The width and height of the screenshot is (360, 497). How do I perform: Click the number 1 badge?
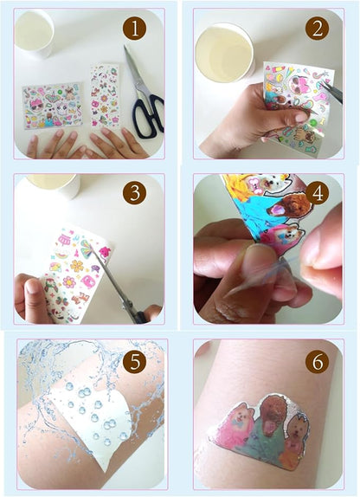tap(133, 29)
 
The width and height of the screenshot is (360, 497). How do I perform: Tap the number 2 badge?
tap(318, 29)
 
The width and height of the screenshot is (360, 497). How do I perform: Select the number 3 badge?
tap(133, 192)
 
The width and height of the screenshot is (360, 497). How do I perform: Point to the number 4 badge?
tap(318, 192)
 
